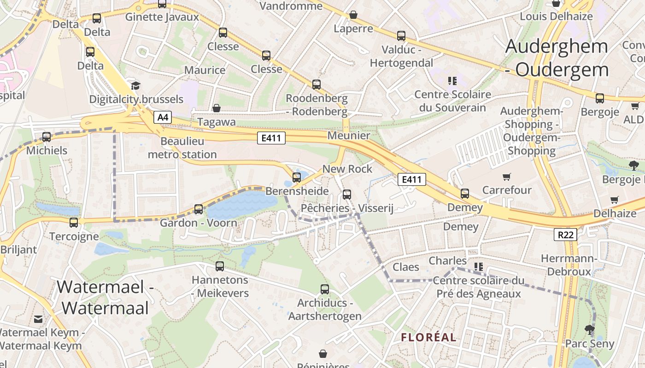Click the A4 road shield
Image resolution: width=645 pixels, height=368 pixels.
tap(162, 118)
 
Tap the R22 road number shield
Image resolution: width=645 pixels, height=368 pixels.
tap(565, 235)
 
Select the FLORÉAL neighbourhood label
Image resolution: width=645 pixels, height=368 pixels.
tap(428, 337)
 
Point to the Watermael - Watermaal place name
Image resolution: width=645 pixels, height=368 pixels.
tap(105, 297)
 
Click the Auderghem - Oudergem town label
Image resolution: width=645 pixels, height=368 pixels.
tap(557, 58)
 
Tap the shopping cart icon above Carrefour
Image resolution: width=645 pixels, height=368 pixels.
tap(507, 177)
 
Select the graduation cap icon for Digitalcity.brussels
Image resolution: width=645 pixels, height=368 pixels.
tap(135, 86)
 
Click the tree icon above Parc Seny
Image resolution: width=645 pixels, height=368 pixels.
tap(589, 329)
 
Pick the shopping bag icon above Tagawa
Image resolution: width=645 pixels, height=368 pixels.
tap(216, 108)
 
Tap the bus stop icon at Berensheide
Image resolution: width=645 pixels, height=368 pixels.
tap(297, 177)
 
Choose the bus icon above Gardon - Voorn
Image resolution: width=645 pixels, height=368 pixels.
tap(199, 209)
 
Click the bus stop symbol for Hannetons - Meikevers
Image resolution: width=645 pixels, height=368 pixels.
tap(220, 266)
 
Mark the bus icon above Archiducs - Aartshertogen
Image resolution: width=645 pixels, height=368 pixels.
tap(325, 289)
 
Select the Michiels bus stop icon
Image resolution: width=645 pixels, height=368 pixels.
tap(47, 137)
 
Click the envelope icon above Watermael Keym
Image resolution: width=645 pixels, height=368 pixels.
tap(38, 319)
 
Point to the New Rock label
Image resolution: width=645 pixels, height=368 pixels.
tap(347, 169)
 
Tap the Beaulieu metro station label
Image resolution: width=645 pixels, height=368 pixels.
tap(182, 148)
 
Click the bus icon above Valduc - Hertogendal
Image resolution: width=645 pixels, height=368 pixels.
tap(401, 36)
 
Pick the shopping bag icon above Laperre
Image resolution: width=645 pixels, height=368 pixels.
tap(353, 15)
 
